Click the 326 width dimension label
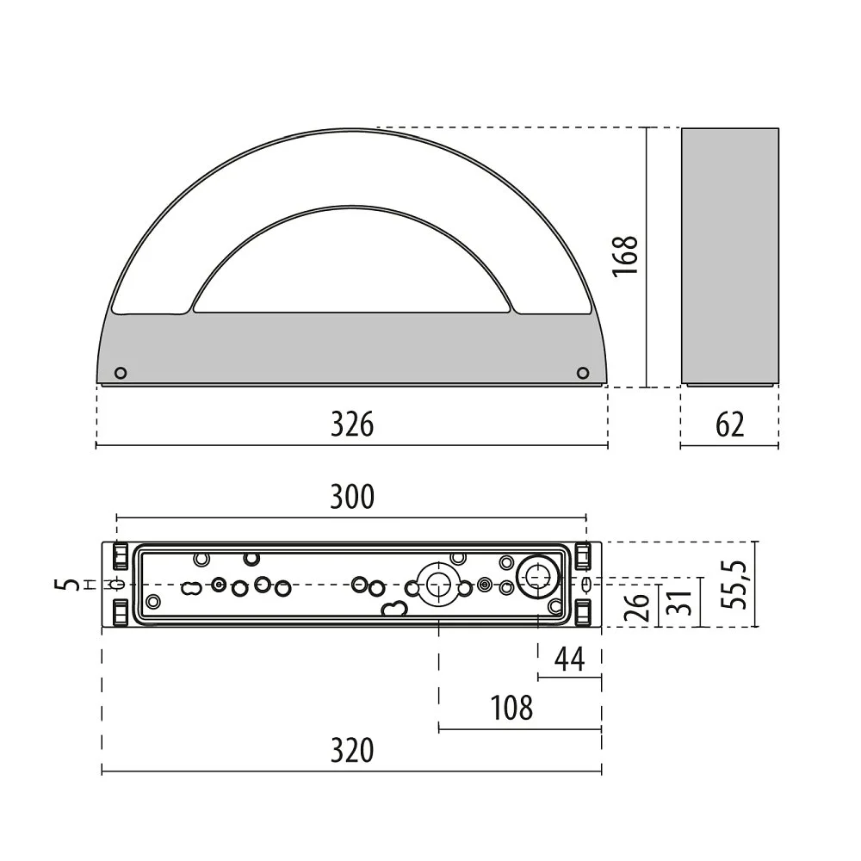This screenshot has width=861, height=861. pyautogui.click(x=352, y=424)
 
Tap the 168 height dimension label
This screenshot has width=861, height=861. pyautogui.click(x=625, y=256)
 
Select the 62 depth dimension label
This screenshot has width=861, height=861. pyautogui.click(x=730, y=424)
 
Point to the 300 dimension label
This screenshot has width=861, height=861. pyautogui.click(x=352, y=497)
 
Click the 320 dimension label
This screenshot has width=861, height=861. pyautogui.click(x=352, y=750)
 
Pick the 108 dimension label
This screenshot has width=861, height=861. pyautogui.click(x=511, y=708)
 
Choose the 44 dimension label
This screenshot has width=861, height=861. pyautogui.click(x=569, y=659)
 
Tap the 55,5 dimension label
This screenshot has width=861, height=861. pyautogui.click(x=734, y=585)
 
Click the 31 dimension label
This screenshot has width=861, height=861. pyautogui.click(x=678, y=603)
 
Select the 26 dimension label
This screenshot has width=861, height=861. pyautogui.click(x=636, y=606)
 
